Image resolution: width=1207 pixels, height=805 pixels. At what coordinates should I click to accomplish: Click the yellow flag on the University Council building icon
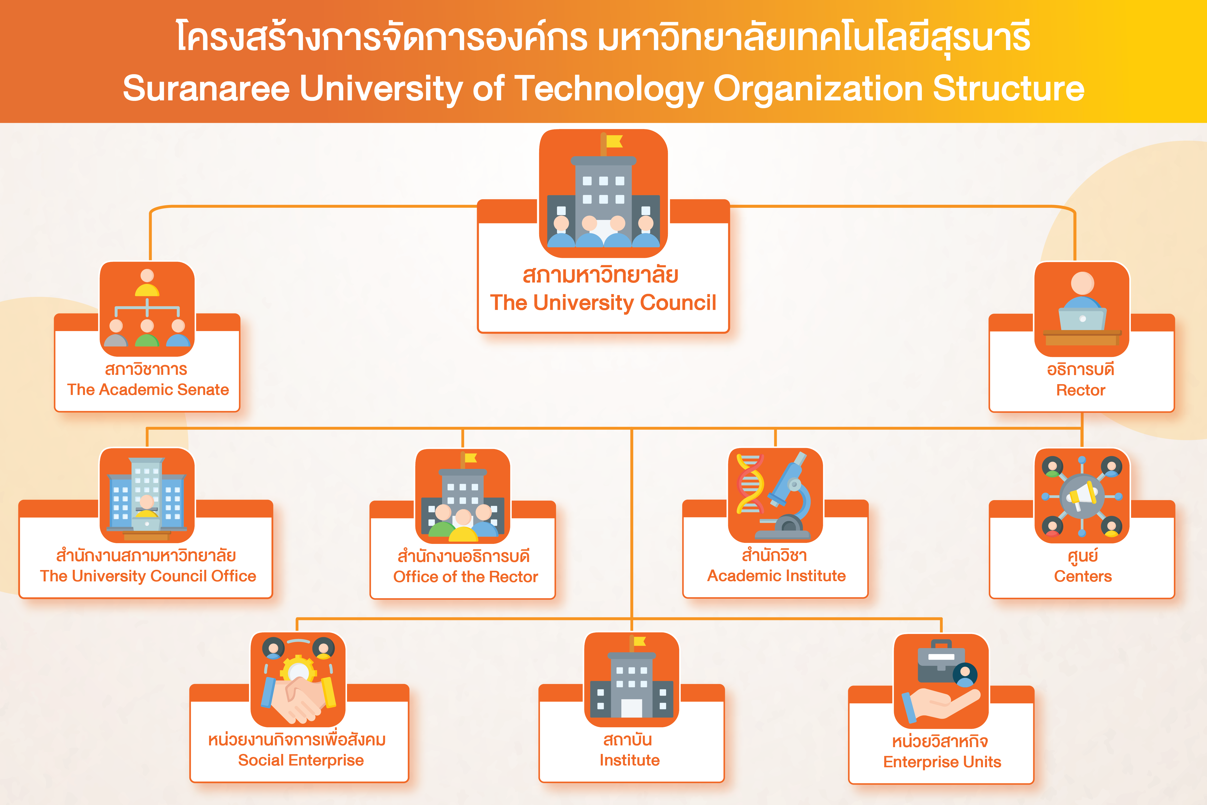tap(614, 141)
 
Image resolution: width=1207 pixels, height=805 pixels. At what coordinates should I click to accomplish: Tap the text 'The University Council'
tap(603, 303)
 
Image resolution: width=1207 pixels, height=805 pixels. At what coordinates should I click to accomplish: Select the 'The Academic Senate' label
tap(148, 390)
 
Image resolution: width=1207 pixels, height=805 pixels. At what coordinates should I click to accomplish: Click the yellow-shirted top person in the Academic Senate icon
tap(147, 282)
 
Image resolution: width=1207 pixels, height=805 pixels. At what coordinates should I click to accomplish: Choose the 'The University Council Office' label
tap(148, 576)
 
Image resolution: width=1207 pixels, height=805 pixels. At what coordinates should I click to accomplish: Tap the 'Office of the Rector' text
tap(465, 577)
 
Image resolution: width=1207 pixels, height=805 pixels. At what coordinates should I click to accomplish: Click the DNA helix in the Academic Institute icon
tap(750, 484)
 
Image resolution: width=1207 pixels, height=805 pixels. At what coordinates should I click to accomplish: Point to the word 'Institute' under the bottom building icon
tap(630, 760)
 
